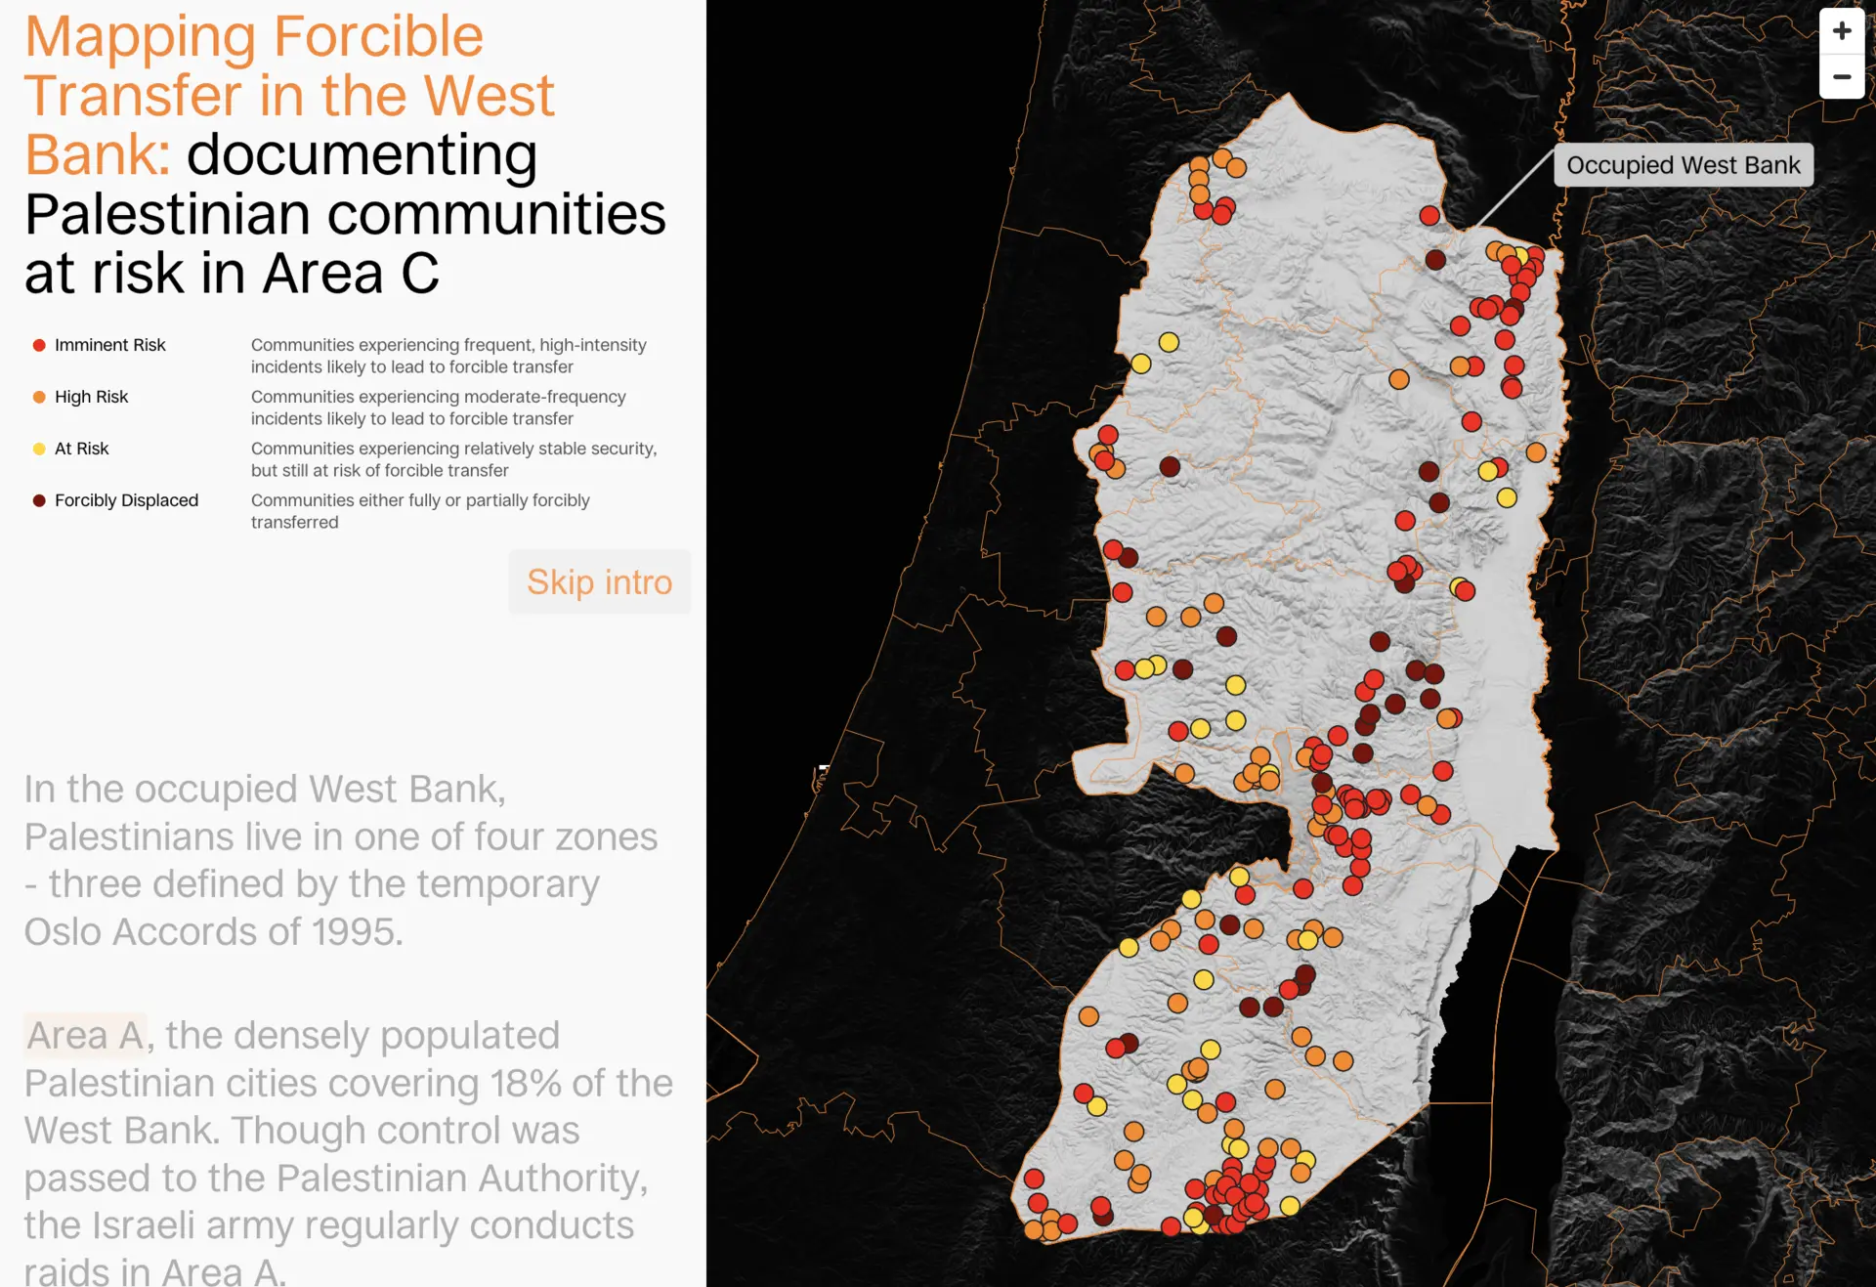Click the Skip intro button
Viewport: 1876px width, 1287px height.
(599, 581)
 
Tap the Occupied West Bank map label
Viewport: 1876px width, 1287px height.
(1683, 165)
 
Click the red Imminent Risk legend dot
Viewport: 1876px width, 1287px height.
(39, 345)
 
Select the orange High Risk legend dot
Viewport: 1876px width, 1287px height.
(39, 397)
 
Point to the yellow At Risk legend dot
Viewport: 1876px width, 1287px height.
(39, 449)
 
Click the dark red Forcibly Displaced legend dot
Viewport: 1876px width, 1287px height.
(39, 500)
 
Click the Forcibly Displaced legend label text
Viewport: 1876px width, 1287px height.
(126, 500)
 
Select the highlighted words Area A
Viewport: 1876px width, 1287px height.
(86, 1035)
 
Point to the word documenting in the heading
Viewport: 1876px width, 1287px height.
(362, 154)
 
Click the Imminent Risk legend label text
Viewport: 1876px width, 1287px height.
(109, 345)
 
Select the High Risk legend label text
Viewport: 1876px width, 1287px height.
(91, 397)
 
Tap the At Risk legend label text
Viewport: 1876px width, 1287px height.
(81, 449)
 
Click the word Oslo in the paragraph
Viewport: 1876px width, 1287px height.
(63, 931)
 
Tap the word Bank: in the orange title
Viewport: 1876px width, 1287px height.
(98, 154)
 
